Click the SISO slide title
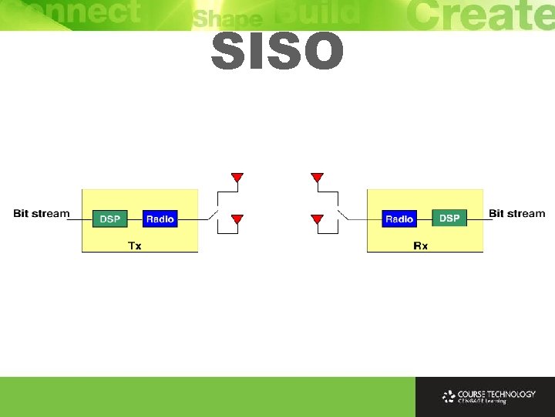point(277,52)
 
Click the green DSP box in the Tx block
point(110,219)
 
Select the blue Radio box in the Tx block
point(160,219)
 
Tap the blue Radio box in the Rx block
point(399,219)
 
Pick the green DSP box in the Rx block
point(449,219)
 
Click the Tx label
point(134,246)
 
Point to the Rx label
point(421,246)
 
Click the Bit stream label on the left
point(42,213)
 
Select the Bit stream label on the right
point(516,213)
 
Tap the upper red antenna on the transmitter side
point(237,178)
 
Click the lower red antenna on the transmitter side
point(237,219)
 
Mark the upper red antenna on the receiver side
point(316,178)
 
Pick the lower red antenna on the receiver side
point(316,219)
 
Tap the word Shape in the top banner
point(227,19)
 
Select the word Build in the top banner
point(317,14)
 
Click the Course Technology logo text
point(496,396)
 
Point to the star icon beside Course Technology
point(449,397)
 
